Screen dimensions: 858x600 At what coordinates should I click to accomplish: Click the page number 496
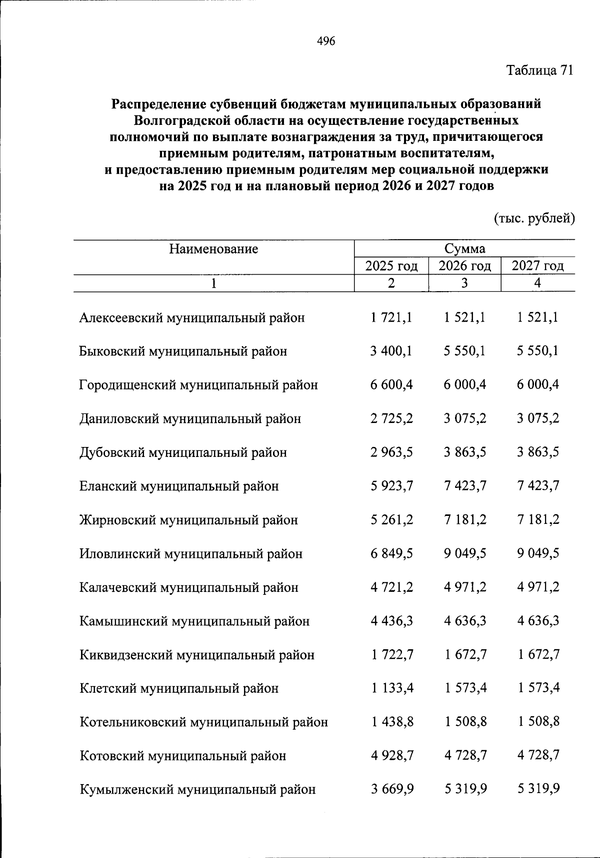pyautogui.click(x=326, y=41)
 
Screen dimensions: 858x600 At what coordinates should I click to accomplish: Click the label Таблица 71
pyautogui.click(x=539, y=70)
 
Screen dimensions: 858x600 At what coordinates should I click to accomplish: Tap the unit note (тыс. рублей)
pyautogui.click(x=534, y=218)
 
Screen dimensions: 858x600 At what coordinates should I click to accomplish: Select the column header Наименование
pyautogui.click(x=213, y=249)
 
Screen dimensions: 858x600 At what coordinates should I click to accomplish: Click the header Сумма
pyautogui.click(x=464, y=249)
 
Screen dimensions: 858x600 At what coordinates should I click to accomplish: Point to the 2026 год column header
pyautogui.click(x=464, y=266)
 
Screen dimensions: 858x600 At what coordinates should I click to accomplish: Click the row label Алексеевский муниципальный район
pyautogui.click(x=192, y=318)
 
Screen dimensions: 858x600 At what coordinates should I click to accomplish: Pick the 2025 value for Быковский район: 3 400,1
pyautogui.click(x=391, y=351)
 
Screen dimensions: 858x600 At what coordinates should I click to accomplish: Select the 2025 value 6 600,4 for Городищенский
pyautogui.click(x=391, y=385)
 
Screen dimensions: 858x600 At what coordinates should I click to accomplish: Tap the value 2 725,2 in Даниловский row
pyautogui.click(x=391, y=419)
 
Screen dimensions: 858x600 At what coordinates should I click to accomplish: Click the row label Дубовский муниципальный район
pyautogui.click(x=183, y=452)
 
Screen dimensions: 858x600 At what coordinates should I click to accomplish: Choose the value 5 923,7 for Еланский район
pyautogui.click(x=391, y=486)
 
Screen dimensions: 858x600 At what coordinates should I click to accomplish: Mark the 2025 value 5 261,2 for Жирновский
pyautogui.click(x=391, y=520)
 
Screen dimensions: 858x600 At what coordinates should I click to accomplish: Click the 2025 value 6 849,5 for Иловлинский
pyautogui.click(x=391, y=553)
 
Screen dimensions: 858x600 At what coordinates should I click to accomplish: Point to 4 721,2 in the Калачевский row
pyautogui.click(x=391, y=587)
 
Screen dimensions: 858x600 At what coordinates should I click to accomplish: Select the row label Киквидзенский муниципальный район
pyautogui.click(x=197, y=655)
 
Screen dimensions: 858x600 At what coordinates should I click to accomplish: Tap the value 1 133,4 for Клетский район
pyautogui.click(x=391, y=688)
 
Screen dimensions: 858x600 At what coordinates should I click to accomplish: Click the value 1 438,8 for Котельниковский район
pyautogui.click(x=391, y=722)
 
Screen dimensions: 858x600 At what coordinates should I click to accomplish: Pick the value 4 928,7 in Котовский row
pyautogui.click(x=391, y=756)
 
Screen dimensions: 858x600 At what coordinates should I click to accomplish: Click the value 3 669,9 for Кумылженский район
pyautogui.click(x=391, y=790)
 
